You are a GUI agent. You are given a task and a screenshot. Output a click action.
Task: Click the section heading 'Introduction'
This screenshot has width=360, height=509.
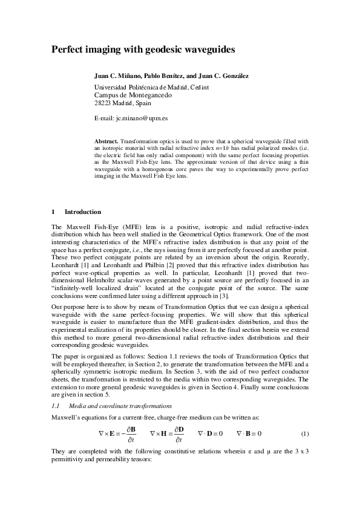point(83,212)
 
